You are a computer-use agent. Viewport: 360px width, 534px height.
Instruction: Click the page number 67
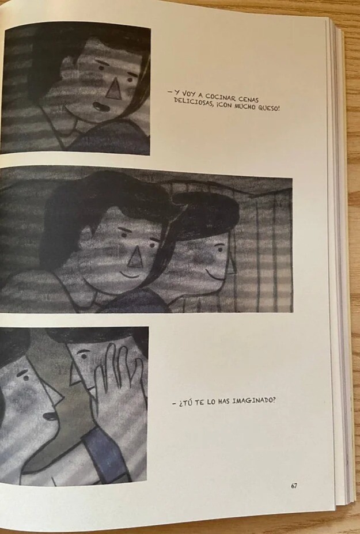point(294,486)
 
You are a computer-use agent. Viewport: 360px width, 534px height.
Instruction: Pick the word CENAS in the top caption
point(249,99)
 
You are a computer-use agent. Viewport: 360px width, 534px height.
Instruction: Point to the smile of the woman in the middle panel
point(130,275)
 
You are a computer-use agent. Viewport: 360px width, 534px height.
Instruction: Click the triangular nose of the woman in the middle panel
point(135,258)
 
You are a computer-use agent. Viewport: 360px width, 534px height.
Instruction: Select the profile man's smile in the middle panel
point(213,275)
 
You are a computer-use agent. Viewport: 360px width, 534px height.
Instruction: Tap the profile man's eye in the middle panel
point(220,249)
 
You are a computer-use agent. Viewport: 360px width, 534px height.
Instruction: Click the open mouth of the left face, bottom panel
point(50,416)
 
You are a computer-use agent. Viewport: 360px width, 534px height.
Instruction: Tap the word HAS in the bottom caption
point(223,402)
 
